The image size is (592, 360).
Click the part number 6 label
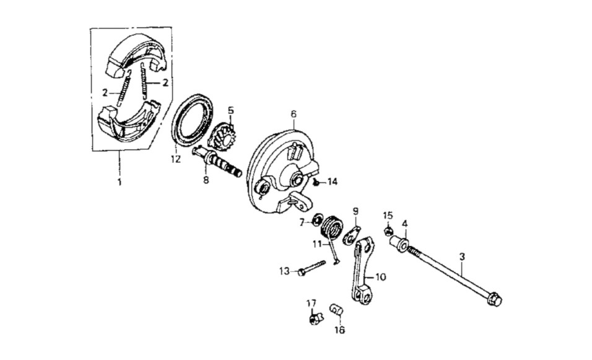[x=294, y=114]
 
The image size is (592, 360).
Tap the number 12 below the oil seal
[x=176, y=159]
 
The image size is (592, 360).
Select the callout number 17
[x=311, y=303]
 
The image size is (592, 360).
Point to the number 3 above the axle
[x=462, y=257]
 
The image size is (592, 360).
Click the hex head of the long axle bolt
[x=494, y=299]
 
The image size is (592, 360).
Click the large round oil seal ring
[x=192, y=120]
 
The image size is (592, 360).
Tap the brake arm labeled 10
[x=363, y=271]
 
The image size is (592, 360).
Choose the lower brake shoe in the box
[x=128, y=121]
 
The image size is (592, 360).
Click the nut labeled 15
[x=388, y=230]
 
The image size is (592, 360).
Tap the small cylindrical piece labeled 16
[x=336, y=310]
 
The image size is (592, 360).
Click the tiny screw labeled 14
[x=316, y=182]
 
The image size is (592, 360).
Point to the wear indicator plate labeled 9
[x=352, y=235]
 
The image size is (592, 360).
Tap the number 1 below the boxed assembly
[x=120, y=182]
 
